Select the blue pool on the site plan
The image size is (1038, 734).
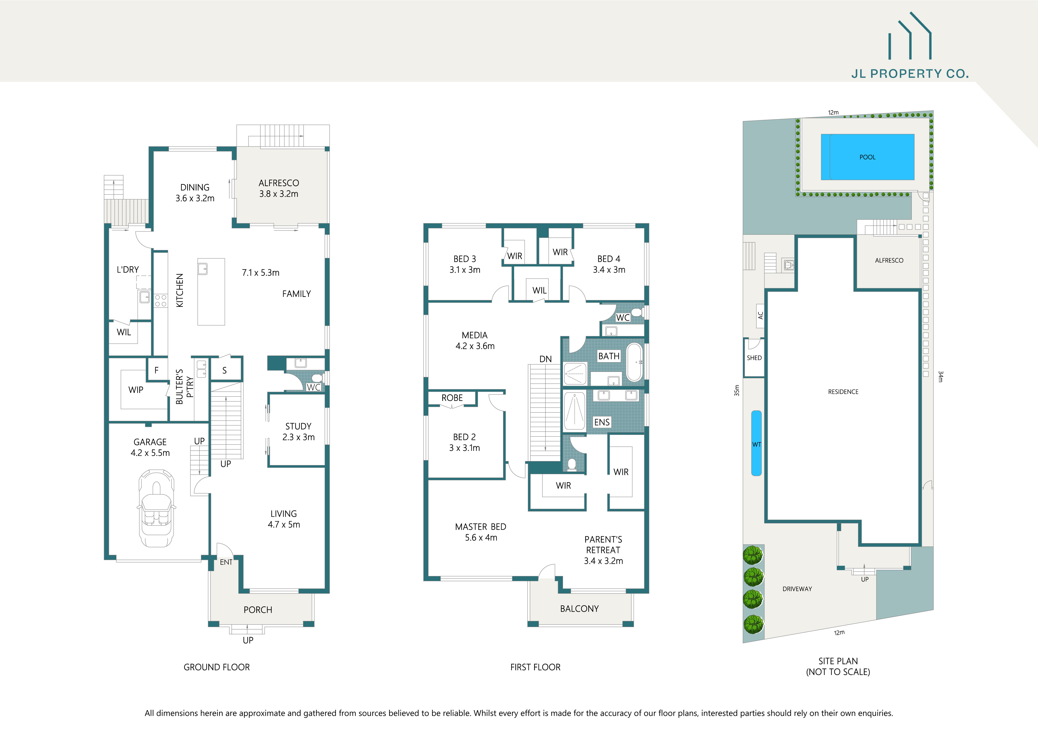pos(867,157)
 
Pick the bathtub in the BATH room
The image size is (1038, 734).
pos(634,363)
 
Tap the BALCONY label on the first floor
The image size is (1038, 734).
pos(579,609)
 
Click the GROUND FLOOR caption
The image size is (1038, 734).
pos(217,667)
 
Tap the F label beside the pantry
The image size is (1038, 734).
pos(156,370)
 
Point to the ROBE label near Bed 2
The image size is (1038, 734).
pos(452,398)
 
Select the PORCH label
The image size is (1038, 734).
pos(258,610)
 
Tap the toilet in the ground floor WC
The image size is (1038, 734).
pos(316,378)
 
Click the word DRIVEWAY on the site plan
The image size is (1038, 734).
pos(797,589)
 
